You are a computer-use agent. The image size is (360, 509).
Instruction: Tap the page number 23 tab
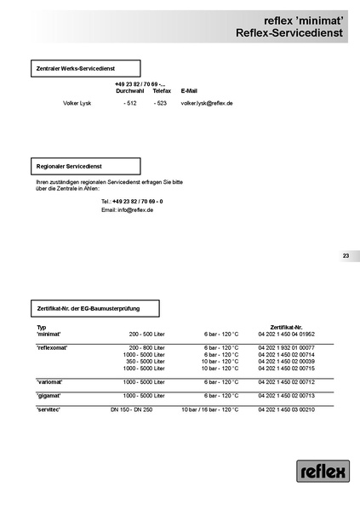point(346,255)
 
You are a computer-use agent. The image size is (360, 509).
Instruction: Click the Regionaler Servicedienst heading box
point(84,166)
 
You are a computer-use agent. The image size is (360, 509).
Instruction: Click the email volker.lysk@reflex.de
point(207,102)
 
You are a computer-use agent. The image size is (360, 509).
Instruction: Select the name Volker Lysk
point(77,102)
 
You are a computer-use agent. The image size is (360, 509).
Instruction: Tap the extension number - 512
point(129,102)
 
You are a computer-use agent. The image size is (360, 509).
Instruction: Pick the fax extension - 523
point(160,102)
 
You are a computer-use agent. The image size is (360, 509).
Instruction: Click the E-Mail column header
point(189,90)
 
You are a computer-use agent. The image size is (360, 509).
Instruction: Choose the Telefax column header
point(162,90)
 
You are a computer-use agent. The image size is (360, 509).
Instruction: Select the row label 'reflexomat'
point(53,348)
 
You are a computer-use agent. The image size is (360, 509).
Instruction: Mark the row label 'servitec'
point(49,409)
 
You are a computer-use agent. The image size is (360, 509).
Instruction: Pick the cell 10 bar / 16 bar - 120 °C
point(210,409)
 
